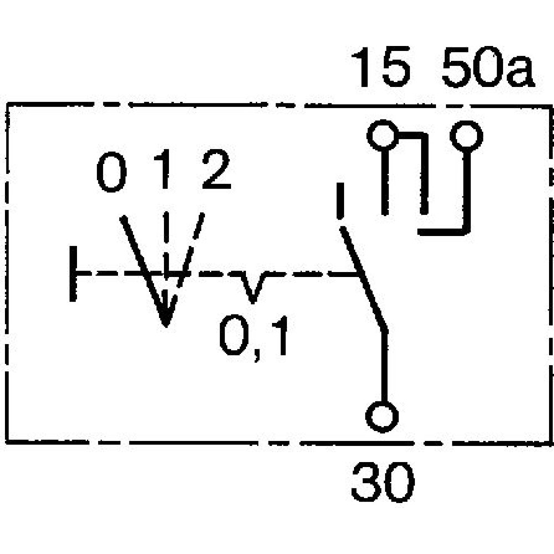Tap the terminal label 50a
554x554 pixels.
click(x=488, y=69)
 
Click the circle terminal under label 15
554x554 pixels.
click(x=382, y=136)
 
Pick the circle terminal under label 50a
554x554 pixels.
click(x=466, y=136)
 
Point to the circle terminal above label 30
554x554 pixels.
click(x=382, y=416)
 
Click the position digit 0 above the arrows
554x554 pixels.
click(x=111, y=173)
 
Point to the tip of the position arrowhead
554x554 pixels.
click(x=166, y=324)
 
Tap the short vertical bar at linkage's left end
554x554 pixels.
click(x=73, y=274)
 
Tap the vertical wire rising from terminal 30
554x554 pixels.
click(x=383, y=366)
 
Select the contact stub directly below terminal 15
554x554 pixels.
click(x=383, y=183)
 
